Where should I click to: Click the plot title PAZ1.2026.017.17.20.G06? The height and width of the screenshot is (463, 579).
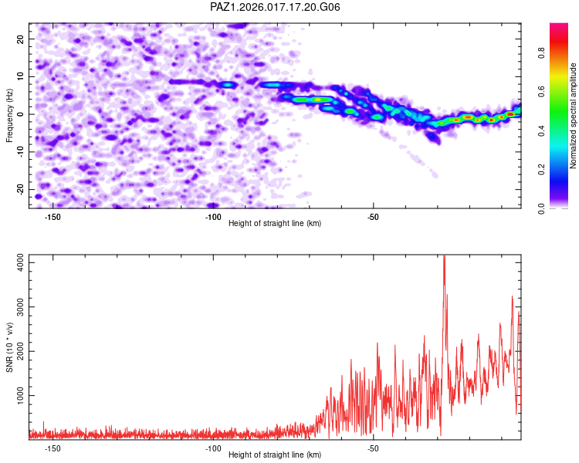[276, 7]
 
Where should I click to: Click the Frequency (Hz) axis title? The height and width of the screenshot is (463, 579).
[9, 116]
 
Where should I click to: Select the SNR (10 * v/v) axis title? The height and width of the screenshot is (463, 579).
[9, 346]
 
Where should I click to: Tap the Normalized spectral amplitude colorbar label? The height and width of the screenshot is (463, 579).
[574, 116]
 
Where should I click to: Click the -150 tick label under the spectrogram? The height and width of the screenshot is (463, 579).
[52, 217]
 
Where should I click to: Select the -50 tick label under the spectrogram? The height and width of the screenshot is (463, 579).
[373, 217]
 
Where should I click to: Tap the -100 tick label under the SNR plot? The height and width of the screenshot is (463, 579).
[212, 448]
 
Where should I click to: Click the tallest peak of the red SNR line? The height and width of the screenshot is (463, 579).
[444, 257]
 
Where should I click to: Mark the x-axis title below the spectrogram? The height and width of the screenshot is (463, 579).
[275, 224]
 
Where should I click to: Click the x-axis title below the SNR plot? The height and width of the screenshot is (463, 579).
[275, 455]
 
